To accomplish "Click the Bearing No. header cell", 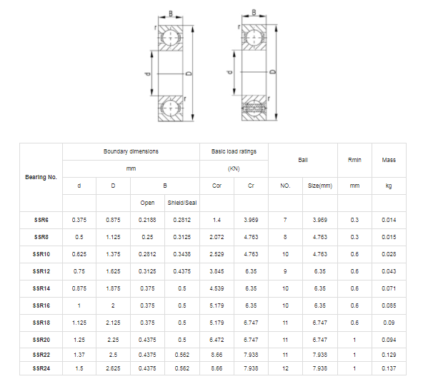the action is pos(41,177).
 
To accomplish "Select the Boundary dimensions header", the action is pos(131,151).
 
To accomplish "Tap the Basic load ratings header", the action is pos(234,151).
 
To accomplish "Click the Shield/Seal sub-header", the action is pos(182,203).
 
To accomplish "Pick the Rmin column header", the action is pos(354,160).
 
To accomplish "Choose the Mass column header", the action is pos(389,160).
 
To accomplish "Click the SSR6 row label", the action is pos(41,220).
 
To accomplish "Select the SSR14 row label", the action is pos(41,288).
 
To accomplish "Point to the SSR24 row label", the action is pos(41,368).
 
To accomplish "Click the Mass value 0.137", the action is pos(389,368).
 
